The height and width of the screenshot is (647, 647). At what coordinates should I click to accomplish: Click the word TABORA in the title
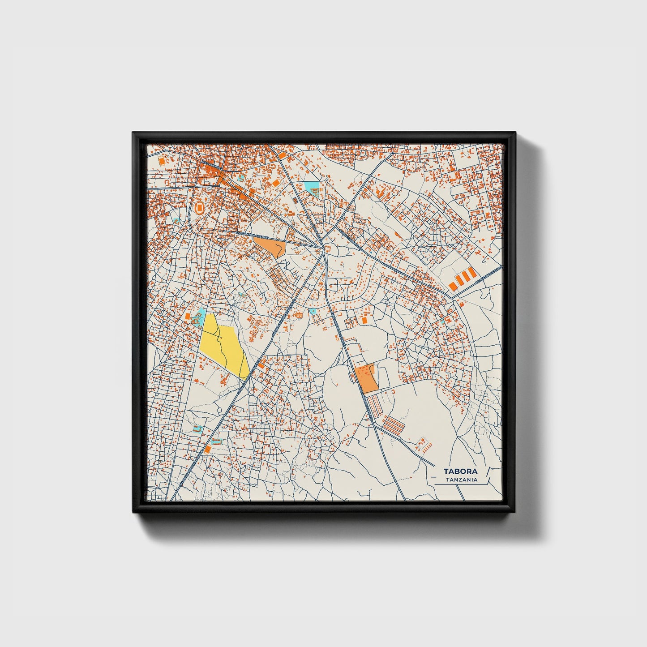coord(460,471)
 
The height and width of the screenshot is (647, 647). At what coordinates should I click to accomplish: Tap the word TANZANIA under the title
coord(462,480)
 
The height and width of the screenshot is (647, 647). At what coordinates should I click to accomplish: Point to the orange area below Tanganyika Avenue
coord(270,245)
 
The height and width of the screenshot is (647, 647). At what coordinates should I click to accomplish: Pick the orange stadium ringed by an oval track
coord(200,207)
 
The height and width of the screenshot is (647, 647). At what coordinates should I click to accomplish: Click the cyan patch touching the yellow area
coord(200,314)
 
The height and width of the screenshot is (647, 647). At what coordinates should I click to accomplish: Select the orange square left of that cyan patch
coord(188,317)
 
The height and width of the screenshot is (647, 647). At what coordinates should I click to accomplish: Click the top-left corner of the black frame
coord(133,133)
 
